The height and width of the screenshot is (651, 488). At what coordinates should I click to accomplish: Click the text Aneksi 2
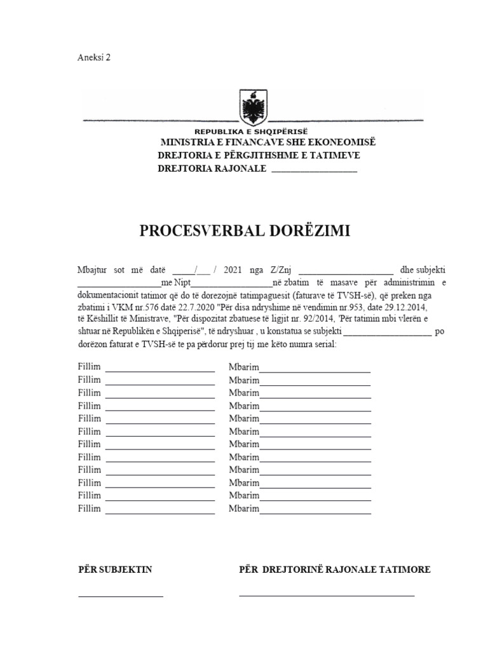94,57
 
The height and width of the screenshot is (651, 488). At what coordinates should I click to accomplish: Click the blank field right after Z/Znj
346,271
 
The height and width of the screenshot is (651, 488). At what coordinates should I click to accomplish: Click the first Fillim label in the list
90,367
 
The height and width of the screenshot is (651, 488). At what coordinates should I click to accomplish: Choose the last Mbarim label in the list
244,509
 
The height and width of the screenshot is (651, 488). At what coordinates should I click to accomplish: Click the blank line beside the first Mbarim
315,369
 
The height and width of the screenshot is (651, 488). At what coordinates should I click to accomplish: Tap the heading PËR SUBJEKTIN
115,570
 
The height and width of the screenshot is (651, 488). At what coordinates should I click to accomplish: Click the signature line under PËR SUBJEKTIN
121,596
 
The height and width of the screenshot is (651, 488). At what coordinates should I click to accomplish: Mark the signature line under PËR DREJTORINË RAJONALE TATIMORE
327,595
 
